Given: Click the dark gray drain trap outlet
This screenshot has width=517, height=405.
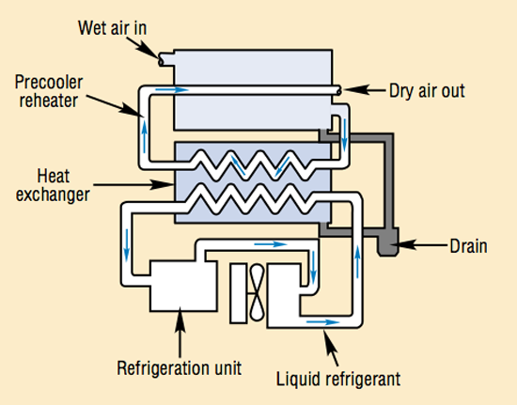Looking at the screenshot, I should click(385, 242).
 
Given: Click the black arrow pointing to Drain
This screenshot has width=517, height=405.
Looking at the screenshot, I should click(419, 246).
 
